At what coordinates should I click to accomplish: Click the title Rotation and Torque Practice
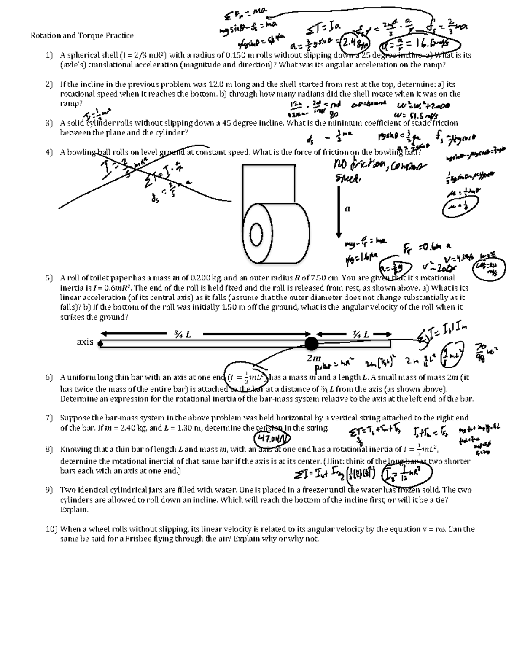82,36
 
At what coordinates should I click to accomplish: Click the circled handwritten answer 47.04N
273,439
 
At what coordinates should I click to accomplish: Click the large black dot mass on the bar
311,344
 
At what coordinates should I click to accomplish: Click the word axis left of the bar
85,342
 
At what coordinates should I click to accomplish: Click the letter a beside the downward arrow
347,208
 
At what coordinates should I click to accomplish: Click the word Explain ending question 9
74,509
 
